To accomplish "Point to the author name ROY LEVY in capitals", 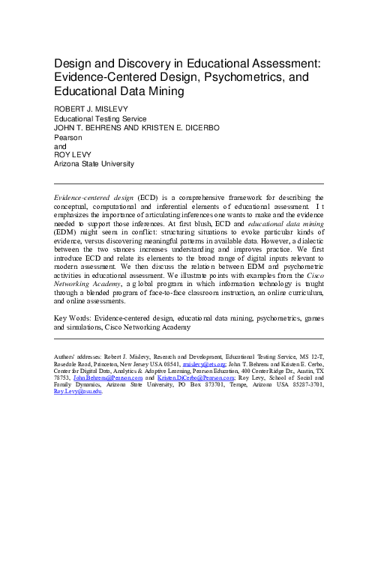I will (71, 154).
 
